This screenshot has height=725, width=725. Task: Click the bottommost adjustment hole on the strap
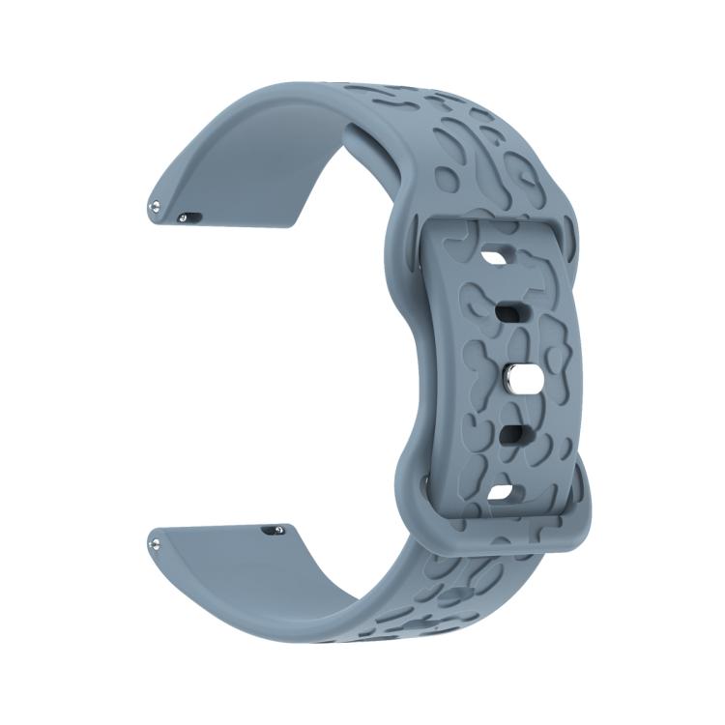pyautogui.click(x=501, y=494)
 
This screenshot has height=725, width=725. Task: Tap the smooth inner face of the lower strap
pyautogui.click(x=251, y=570)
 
